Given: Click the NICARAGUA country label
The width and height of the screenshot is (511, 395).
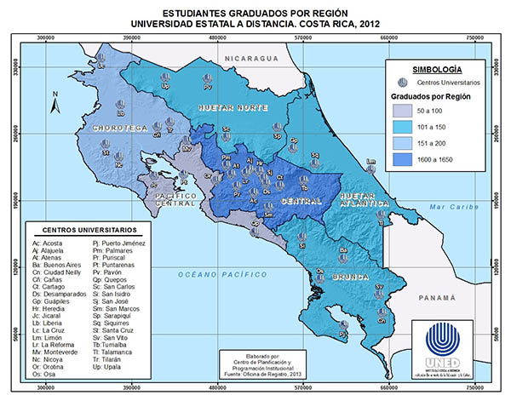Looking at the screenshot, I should click(x=247, y=57).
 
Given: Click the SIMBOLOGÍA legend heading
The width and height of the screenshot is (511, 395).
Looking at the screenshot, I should click(x=436, y=67).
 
